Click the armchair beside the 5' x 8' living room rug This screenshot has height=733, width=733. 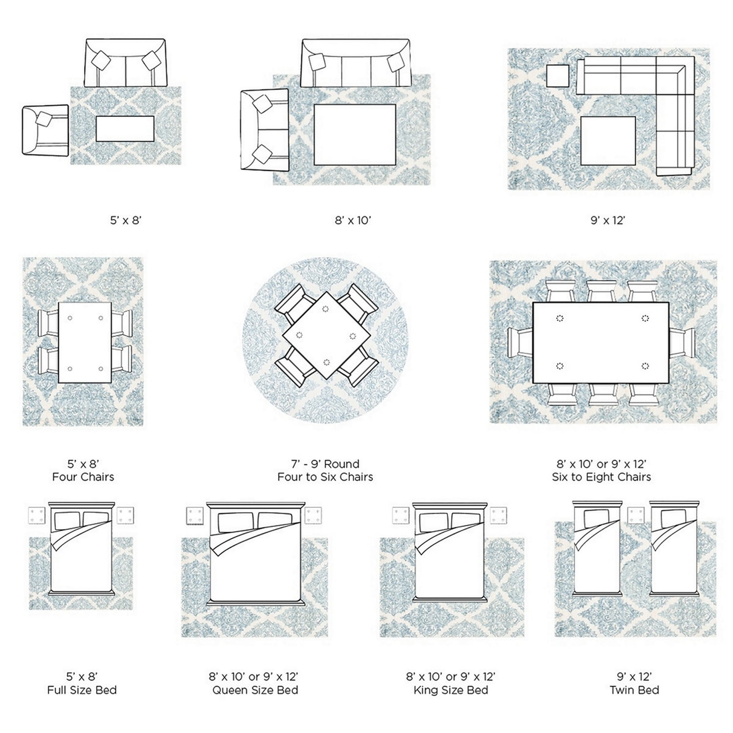[45, 130]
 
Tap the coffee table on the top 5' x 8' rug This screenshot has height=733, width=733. [125, 129]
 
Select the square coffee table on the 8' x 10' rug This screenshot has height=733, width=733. [355, 134]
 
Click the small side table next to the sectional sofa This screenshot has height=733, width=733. [558, 76]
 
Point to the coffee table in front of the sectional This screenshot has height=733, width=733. [608, 140]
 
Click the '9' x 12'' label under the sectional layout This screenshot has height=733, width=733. [608, 220]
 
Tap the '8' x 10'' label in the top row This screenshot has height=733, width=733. [353, 220]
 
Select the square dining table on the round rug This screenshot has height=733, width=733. [326, 335]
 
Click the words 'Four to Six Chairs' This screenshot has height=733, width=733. [325, 477]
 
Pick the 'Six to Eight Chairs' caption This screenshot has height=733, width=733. [602, 477]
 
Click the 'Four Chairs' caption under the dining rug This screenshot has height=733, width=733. [83, 477]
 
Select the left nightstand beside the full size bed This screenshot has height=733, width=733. [37, 515]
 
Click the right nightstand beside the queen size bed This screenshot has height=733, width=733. [313, 515]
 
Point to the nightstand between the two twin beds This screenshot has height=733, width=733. [636, 515]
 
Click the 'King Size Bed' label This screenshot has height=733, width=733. [451, 690]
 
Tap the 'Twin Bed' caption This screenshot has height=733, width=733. [634, 690]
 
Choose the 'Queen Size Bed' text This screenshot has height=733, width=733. [255, 690]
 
